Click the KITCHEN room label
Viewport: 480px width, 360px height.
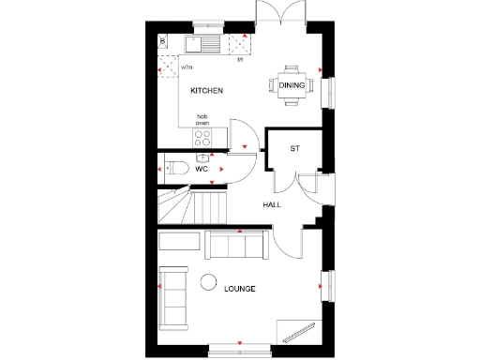[206, 91]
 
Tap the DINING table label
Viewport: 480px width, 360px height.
[291, 86]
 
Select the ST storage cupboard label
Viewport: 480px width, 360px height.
[294, 149]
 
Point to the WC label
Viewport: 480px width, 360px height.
[201, 169]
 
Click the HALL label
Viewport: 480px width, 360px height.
[272, 204]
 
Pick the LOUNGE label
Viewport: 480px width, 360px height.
[240, 289]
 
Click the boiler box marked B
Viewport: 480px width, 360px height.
[162, 41]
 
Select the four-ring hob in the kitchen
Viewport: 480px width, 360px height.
[202, 136]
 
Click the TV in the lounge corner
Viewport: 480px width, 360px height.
[298, 330]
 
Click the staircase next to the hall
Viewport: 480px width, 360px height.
[191, 205]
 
